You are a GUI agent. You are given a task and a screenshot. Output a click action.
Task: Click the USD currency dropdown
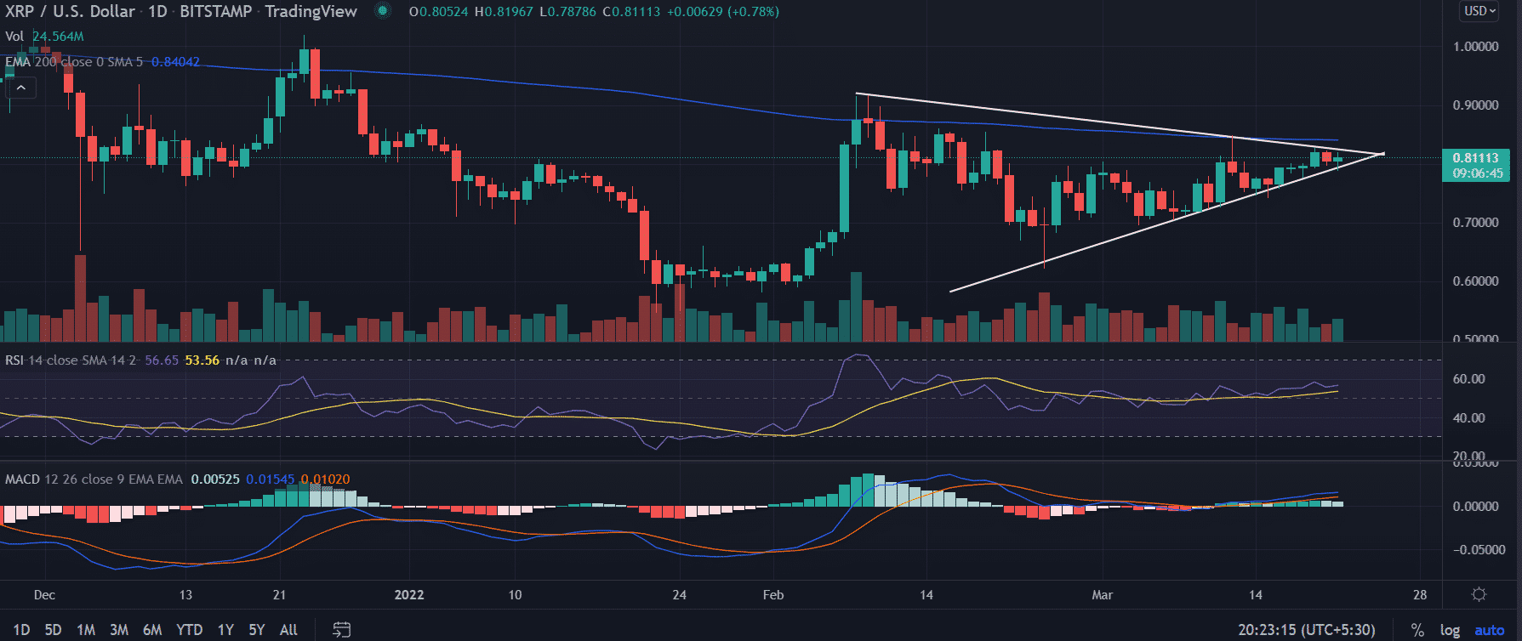pyautogui.click(x=1479, y=11)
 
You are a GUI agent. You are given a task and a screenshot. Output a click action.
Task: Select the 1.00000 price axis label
pyautogui.click(x=1475, y=47)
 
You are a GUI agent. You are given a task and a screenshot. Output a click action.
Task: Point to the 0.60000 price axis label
pyautogui.click(x=1475, y=281)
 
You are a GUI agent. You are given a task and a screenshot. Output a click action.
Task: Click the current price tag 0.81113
pyautogui.click(x=1476, y=158)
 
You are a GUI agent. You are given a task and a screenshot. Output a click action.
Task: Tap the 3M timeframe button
pyautogui.click(x=119, y=630)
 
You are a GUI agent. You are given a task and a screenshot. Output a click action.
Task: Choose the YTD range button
pyautogui.click(x=189, y=630)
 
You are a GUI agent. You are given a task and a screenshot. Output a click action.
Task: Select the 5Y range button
pyautogui.click(x=256, y=630)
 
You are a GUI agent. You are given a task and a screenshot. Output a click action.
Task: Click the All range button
pyautogui.click(x=288, y=630)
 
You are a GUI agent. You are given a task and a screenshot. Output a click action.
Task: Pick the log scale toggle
pyautogui.click(x=1450, y=630)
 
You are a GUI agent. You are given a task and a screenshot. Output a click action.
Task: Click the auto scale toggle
pyautogui.click(x=1489, y=630)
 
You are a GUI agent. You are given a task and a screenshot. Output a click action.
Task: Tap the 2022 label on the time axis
pyautogui.click(x=409, y=595)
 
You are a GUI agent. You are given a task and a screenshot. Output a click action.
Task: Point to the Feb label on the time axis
pyautogui.click(x=773, y=595)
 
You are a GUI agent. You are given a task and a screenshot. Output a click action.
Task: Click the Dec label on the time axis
pyautogui.click(x=44, y=595)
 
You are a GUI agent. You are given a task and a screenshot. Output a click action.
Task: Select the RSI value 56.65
pyautogui.click(x=162, y=360)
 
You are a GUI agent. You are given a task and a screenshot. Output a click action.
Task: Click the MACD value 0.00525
pyautogui.click(x=215, y=479)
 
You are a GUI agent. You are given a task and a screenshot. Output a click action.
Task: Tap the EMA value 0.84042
pyautogui.click(x=175, y=62)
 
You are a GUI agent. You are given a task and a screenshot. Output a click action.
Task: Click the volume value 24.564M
pyautogui.click(x=58, y=37)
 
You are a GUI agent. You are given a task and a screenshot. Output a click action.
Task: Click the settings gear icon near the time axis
pyautogui.click(x=1479, y=595)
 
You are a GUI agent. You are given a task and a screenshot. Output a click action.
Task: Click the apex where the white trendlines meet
pyautogui.click(x=1383, y=154)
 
